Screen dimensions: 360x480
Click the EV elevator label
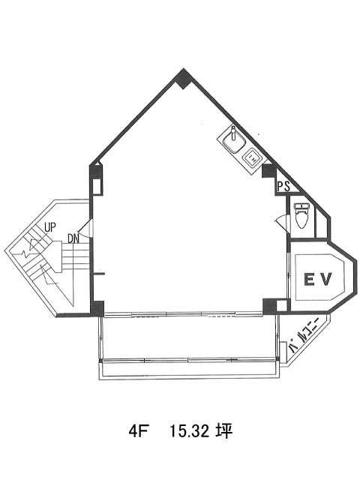coord(317,279)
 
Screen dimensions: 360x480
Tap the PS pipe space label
coord(283,187)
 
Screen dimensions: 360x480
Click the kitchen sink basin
coord(234,142)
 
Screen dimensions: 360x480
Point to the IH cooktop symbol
coord(252,158)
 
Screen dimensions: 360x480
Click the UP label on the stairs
coord(50,227)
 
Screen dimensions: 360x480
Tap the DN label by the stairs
coord(73,238)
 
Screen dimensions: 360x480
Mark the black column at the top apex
coord(183,79)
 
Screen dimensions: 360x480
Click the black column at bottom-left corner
coord(97,308)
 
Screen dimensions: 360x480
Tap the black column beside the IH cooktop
coord(269,171)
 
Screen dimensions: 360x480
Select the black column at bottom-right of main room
coord(269,306)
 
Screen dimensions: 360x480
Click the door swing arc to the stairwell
coord(84,229)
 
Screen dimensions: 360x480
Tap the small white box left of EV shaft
coord(282,305)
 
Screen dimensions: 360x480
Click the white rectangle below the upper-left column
coord(97,187)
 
